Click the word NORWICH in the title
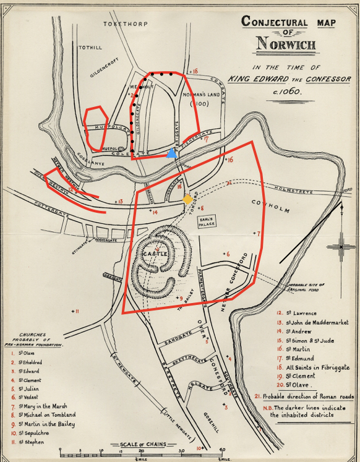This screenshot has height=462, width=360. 286,45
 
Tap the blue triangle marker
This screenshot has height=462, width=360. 171,153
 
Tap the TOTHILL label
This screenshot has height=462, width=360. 90,47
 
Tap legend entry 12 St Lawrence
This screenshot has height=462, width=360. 297,313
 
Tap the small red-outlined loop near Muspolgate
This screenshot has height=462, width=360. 95,127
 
